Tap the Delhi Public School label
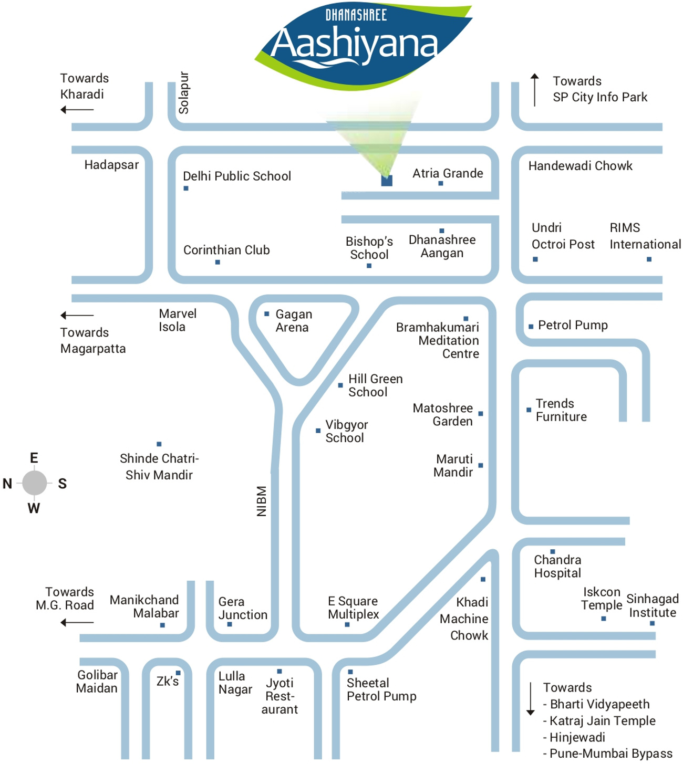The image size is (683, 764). pyautogui.click(x=236, y=176)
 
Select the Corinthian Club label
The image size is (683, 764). pyautogui.click(x=226, y=250)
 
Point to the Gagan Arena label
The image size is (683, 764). pyautogui.click(x=293, y=321)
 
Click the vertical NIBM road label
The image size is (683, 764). pyautogui.click(x=262, y=501)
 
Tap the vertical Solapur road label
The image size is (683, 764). pyautogui.click(x=183, y=93)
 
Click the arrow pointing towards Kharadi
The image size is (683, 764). pyautogui.click(x=77, y=110)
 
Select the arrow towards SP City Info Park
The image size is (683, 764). pyautogui.click(x=534, y=90)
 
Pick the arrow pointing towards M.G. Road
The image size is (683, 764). pyautogui.click(x=77, y=623)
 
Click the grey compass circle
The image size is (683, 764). pyautogui.click(x=35, y=483)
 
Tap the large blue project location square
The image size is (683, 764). pyautogui.click(x=387, y=181)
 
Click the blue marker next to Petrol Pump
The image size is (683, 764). pyautogui.click(x=531, y=327)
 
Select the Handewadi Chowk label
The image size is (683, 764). pyautogui.click(x=580, y=166)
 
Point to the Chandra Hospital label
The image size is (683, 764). pyautogui.click(x=557, y=567)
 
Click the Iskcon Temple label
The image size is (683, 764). pyautogui.click(x=602, y=599)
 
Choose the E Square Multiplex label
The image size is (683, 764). pyautogui.click(x=353, y=608)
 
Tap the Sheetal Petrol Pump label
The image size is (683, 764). pyautogui.click(x=381, y=689)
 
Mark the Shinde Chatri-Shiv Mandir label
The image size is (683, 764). pyautogui.click(x=159, y=467)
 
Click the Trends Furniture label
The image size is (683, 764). pyautogui.click(x=561, y=410)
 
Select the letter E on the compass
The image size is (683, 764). pyautogui.click(x=34, y=458)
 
